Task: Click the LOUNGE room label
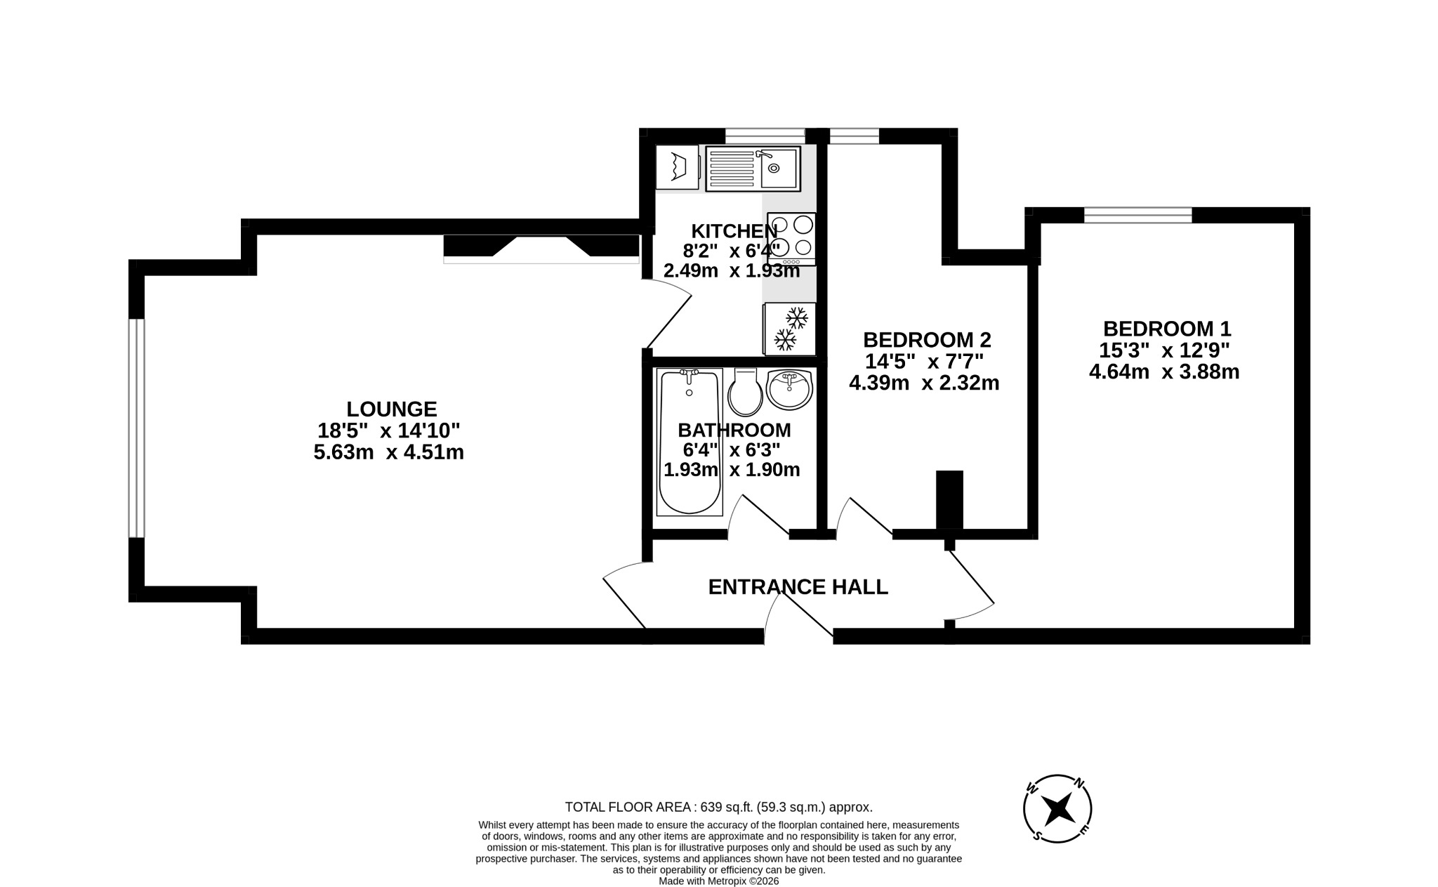pyautogui.click(x=392, y=409)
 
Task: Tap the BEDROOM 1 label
pyautogui.click(x=1166, y=329)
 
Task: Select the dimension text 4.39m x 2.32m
pyautogui.click(x=924, y=383)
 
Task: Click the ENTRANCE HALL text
pyautogui.click(x=798, y=587)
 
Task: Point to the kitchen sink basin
pyautogui.click(x=778, y=169)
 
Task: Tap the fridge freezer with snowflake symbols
pyautogui.click(x=790, y=329)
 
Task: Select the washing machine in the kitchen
pyautogui.click(x=677, y=167)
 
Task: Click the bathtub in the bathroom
pyautogui.click(x=689, y=442)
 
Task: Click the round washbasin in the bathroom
pyautogui.click(x=789, y=390)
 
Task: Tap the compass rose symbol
pyautogui.click(x=1057, y=809)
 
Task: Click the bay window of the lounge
pyautogui.click(x=136, y=428)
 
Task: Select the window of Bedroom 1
pyautogui.click(x=1137, y=215)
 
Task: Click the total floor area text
pyautogui.click(x=718, y=808)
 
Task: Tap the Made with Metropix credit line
pyautogui.click(x=718, y=881)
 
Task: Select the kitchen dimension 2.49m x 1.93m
pyautogui.click(x=732, y=270)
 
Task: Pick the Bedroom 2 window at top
pyautogui.click(x=854, y=136)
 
